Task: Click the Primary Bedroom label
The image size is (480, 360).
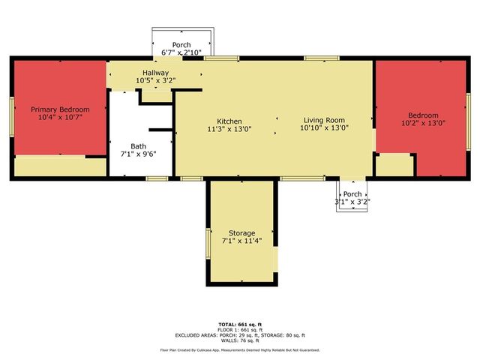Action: [x=60, y=109]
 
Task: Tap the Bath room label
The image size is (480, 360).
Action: [x=139, y=146]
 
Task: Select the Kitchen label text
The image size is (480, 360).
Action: [x=229, y=121]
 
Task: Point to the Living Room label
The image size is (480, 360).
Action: [x=324, y=120]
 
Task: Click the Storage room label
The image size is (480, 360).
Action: [x=241, y=233]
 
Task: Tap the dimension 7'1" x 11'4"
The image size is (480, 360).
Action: [x=241, y=241]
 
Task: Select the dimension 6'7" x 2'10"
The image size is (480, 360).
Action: [x=181, y=52]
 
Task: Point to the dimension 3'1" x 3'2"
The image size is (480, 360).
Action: [x=352, y=201]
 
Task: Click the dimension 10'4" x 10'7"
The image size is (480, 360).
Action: [x=60, y=118]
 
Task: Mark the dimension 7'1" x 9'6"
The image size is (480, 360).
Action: [x=139, y=154]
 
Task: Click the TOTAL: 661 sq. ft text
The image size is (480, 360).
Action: [x=239, y=323]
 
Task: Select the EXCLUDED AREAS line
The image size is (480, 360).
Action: [x=239, y=335]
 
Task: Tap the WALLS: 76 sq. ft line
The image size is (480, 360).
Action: [x=239, y=341]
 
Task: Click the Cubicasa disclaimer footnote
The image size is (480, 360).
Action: [x=239, y=350]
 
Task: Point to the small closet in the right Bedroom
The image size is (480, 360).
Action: [x=394, y=165]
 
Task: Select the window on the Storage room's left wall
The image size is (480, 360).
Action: [x=208, y=242]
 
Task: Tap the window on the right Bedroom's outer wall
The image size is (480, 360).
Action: [x=466, y=121]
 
